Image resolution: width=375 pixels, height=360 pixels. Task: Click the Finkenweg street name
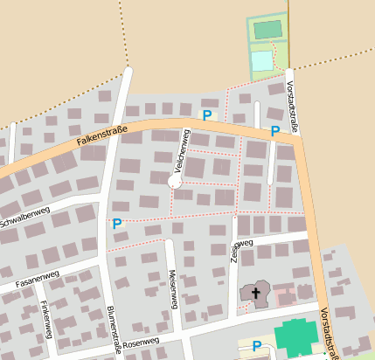pos(45,319)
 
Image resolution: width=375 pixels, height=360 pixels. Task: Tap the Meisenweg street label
pos(172,288)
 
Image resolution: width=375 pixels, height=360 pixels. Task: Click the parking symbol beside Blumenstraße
pos(117,224)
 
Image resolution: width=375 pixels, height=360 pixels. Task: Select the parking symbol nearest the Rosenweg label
pos(256,346)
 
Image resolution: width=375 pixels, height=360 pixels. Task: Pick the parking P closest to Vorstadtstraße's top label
pos(274,131)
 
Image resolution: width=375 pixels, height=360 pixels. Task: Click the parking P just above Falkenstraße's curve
pos(207,114)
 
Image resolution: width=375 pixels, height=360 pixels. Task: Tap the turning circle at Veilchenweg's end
pos(175,182)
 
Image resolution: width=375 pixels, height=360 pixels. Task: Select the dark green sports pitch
pos(267,30)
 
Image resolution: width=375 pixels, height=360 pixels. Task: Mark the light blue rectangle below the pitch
pos(262,61)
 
